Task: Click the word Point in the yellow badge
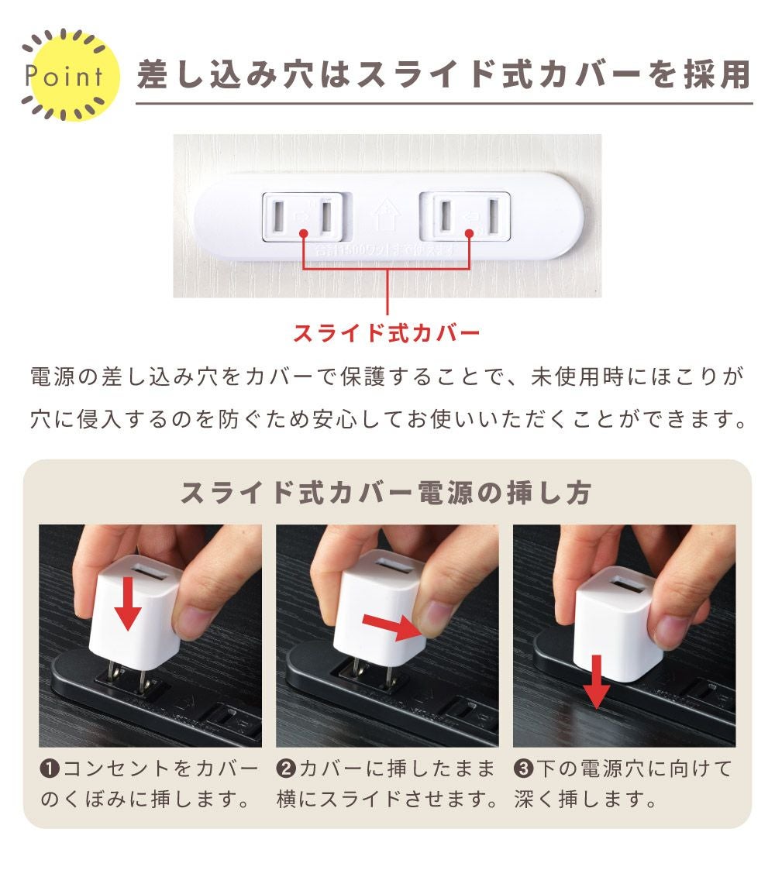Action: click(x=64, y=76)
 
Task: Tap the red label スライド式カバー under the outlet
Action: click(x=387, y=333)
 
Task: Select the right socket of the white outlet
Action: click(x=465, y=216)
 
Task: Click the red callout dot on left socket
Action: click(x=303, y=234)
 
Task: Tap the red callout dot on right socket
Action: click(x=469, y=234)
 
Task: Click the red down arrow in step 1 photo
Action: click(x=128, y=603)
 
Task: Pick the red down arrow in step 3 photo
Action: click(x=596, y=682)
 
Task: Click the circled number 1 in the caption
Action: click(x=50, y=769)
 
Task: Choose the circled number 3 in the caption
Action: click(x=523, y=769)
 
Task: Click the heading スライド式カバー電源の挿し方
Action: click(x=387, y=493)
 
